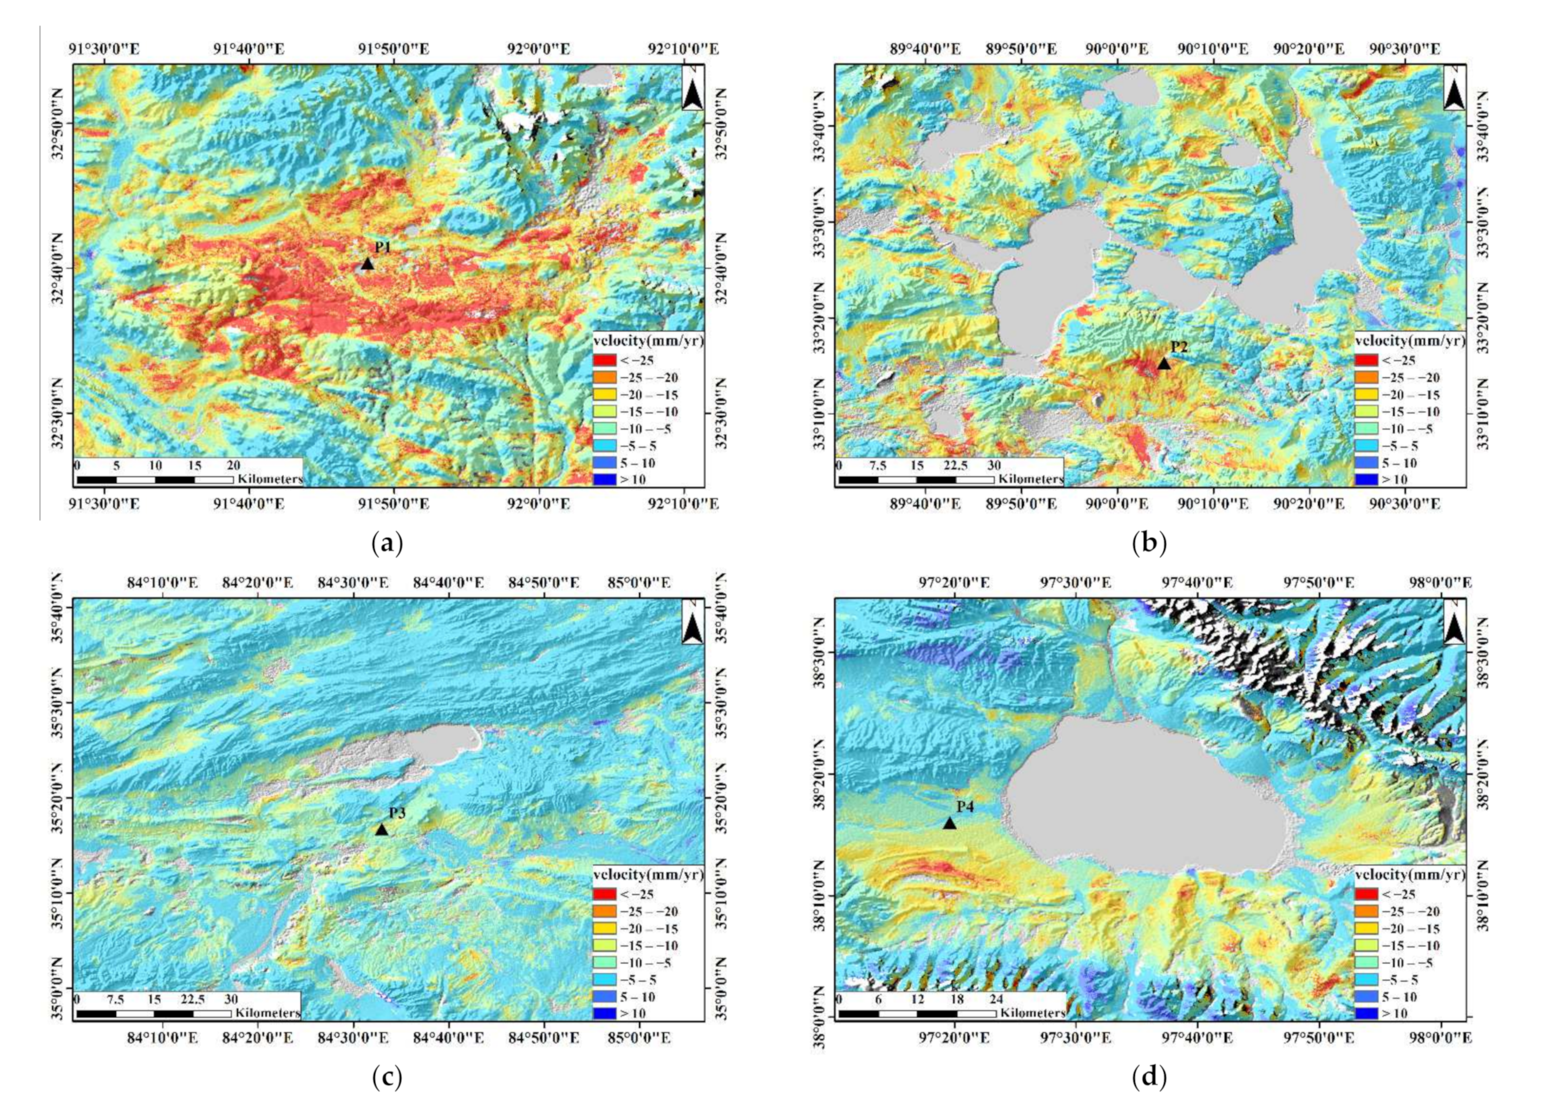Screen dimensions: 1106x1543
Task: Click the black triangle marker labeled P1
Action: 368,264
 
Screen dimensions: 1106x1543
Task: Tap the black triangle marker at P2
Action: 1163,364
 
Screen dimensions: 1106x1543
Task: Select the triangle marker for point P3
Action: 382,830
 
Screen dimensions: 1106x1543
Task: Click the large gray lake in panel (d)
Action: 1143,796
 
